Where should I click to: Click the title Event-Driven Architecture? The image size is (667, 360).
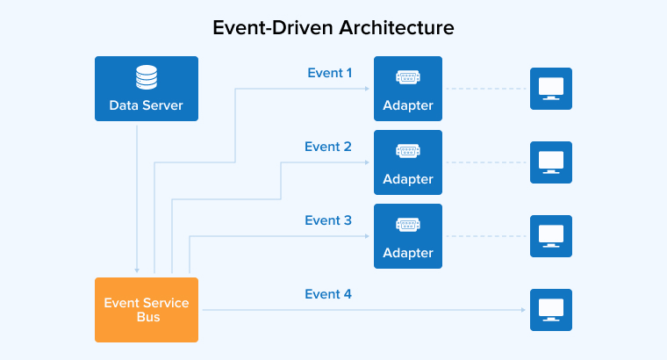point(333,28)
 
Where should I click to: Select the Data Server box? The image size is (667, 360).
point(147,89)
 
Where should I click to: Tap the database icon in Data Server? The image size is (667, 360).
point(147,79)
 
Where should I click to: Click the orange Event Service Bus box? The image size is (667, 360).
point(147,309)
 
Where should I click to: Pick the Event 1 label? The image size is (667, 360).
point(329,73)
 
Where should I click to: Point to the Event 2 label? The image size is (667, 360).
point(328,147)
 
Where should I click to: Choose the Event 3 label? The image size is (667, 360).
point(328,220)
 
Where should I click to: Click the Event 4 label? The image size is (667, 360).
point(328,294)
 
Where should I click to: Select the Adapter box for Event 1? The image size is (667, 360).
point(408,89)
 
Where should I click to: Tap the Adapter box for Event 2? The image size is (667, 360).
point(408,162)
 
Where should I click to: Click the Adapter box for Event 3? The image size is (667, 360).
point(408,236)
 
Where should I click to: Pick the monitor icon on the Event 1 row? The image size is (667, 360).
point(551,89)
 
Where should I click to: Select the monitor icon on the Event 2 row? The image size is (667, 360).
point(551,162)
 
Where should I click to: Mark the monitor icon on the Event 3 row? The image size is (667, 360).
point(551,236)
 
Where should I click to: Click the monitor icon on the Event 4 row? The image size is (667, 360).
point(551,310)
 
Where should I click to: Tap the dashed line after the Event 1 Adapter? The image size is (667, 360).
point(486,89)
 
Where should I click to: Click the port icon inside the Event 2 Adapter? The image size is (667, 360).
point(408,151)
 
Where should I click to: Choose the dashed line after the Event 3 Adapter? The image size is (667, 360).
point(486,236)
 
